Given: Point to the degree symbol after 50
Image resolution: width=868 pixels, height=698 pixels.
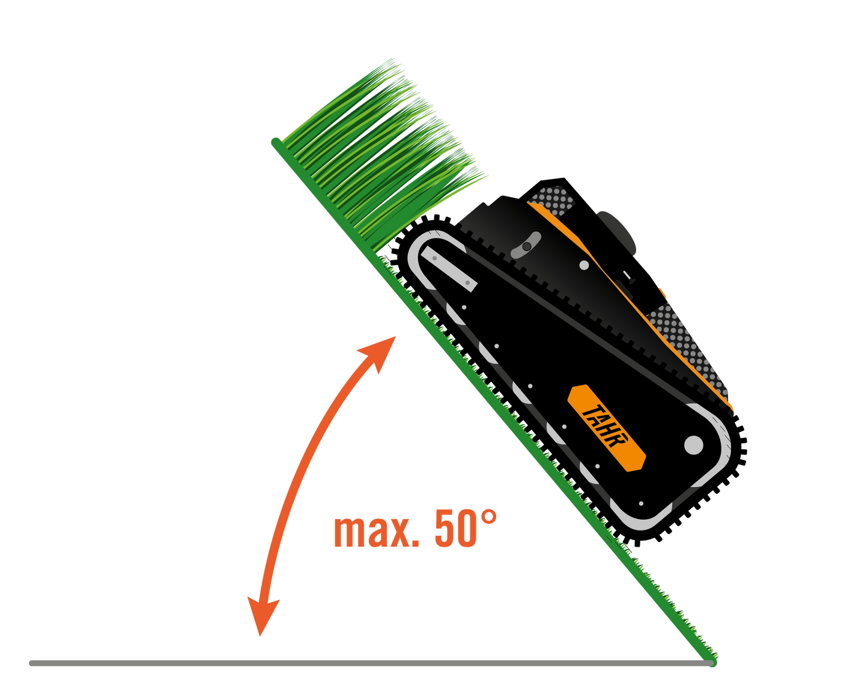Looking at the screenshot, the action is (489, 517).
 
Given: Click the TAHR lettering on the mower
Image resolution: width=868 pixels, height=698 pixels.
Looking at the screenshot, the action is (605, 426).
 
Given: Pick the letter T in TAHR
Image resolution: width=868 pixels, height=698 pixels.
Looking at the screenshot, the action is (590, 412).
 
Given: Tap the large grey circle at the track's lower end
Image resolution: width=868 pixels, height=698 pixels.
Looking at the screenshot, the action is (694, 445).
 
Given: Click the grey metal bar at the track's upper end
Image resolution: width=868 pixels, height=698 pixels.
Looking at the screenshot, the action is (449, 269).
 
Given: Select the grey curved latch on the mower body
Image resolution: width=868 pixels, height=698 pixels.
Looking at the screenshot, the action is (526, 245).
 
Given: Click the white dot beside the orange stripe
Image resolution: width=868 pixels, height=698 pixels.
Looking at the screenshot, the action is (584, 265).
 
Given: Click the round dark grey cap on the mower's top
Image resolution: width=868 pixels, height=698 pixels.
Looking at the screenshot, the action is (616, 233).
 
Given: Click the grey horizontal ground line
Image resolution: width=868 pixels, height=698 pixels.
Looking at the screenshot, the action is (370, 663).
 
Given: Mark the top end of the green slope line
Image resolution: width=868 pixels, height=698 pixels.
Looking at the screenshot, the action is (276, 142).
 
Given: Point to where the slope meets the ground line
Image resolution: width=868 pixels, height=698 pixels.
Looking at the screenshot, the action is (711, 663).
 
